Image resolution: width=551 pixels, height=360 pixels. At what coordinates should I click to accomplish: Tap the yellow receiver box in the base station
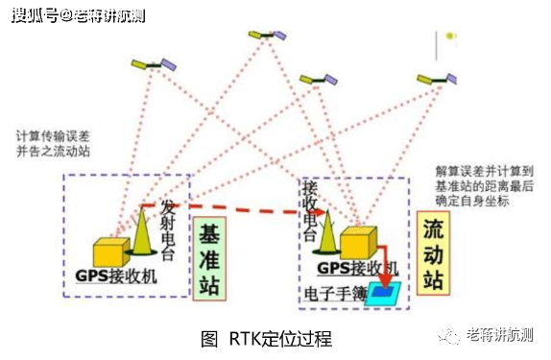[x=111, y=252]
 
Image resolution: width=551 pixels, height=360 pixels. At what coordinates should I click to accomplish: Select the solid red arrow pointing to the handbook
[x=381, y=276]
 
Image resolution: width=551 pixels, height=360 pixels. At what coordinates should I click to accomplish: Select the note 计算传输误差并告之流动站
[x=58, y=145]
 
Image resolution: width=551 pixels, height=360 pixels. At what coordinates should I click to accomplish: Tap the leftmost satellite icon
[x=154, y=64]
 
